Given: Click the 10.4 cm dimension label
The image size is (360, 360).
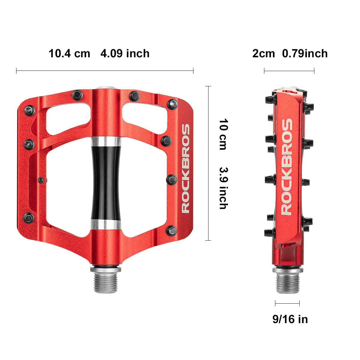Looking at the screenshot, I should (69, 54).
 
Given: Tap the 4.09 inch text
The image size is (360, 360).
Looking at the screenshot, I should (125, 54).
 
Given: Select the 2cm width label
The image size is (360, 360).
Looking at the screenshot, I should (263, 54).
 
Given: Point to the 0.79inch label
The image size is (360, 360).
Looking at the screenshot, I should (305, 54).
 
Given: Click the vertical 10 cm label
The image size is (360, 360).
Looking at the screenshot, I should (223, 134).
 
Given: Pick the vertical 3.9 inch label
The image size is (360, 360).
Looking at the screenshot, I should (223, 188).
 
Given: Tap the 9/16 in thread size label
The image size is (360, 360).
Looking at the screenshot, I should (290, 319).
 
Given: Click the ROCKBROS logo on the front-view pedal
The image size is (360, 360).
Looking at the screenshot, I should (186, 169).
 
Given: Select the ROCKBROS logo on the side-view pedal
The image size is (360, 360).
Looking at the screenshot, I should (287, 167).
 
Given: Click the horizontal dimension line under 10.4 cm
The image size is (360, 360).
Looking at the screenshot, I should (105, 71).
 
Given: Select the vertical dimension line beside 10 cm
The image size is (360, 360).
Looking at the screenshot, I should (208, 163).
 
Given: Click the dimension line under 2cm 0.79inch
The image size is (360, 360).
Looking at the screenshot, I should (289, 71).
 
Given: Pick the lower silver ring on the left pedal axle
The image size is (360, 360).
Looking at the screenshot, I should (106, 224).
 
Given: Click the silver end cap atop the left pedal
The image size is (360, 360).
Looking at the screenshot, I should (106, 88).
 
